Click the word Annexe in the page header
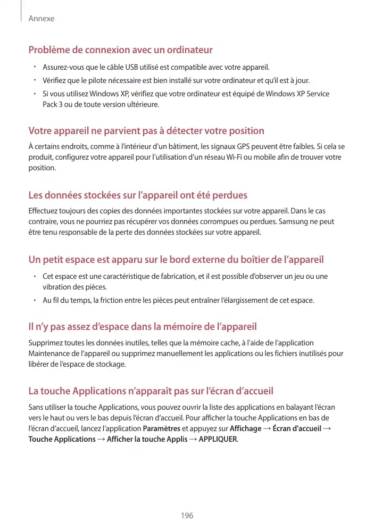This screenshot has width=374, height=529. point(41,19)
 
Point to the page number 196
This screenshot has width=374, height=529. point(187,516)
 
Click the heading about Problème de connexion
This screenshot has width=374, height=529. point(120,50)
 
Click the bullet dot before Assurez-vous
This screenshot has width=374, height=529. point(33,68)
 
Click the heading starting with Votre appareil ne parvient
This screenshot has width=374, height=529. point(146,131)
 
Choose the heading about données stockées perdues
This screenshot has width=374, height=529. point(137,195)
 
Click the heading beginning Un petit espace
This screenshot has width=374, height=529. point(176,260)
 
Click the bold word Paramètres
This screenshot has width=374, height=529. point(161,429)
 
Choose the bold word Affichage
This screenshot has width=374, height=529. point(245,429)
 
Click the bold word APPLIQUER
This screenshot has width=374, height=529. point(218,440)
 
